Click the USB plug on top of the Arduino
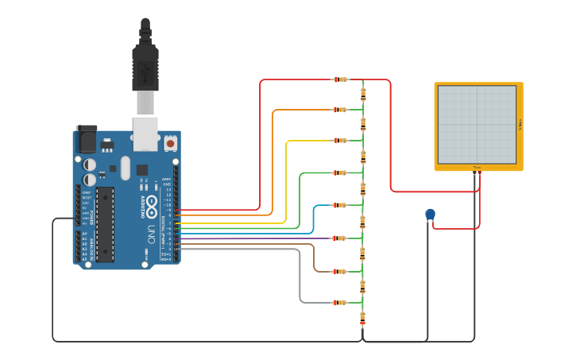tap(145, 68)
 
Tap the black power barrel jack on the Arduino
tap(86, 139)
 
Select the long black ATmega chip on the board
tap(105, 224)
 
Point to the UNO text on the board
tap(151, 234)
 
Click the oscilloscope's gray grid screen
tap(477, 125)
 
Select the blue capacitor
tap(431, 214)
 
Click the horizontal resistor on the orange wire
tap(340, 110)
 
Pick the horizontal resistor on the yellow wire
tap(340, 141)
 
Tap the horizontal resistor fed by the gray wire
tap(340, 303)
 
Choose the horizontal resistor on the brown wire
tap(340, 271)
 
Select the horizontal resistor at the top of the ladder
tap(340, 79)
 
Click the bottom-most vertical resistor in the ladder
tap(363, 318)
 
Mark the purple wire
tap(262, 238)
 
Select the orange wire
tap(273, 159)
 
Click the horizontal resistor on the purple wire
tap(340, 238)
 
